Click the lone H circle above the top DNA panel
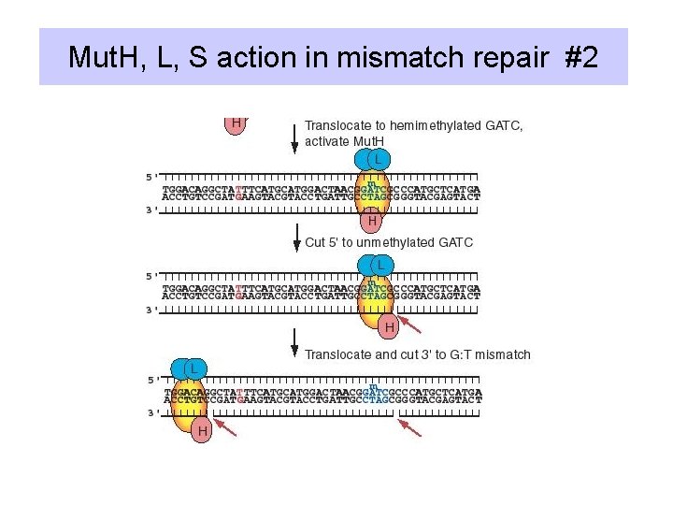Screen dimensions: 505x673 236,123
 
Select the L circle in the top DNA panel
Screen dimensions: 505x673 377,160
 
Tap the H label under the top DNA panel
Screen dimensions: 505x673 372,222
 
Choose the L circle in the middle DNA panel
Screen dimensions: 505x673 381,265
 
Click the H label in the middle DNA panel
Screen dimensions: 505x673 390,326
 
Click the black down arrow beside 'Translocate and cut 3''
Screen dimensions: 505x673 295,344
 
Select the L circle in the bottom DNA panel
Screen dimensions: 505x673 193,368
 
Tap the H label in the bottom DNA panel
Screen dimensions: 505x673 201,430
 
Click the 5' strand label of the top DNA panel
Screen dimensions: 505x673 151,176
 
